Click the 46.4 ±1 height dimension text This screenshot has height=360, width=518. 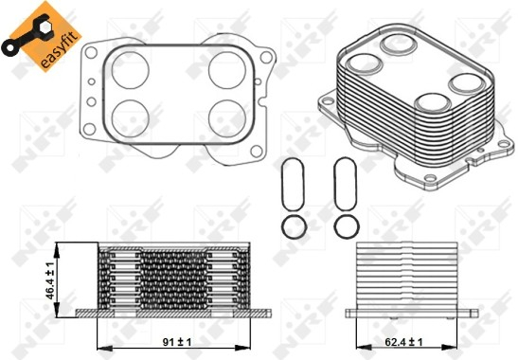[50, 280]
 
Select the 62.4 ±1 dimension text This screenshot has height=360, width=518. [403, 342]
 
